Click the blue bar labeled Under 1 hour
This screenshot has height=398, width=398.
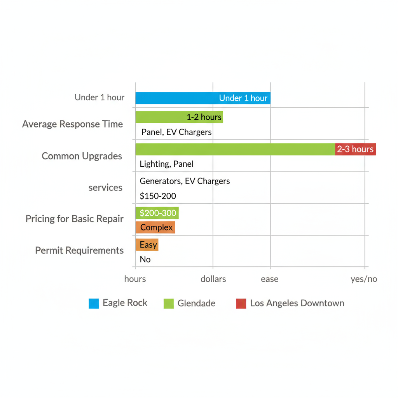pyautogui.click(x=202, y=98)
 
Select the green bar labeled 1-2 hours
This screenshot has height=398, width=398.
pyautogui.click(x=179, y=117)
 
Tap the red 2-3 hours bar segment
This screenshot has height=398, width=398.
pyautogui.click(x=355, y=149)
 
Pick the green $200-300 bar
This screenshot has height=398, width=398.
pyautogui.click(x=157, y=213)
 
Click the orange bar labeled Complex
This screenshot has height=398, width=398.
pyautogui.click(x=155, y=227)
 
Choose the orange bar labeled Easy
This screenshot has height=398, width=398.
pyautogui.click(x=147, y=245)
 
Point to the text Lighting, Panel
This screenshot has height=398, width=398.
pyautogui.click(x=166, y=164)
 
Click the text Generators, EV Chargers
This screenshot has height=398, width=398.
pyautogui.click(x=185, y=181)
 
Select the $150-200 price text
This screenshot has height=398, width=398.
pyautogui.click(x=158, y=196)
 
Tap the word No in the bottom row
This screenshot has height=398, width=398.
pyautogui.click(x=145, y=260)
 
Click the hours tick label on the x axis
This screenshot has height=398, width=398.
pyautogui.click(x=135, y=279)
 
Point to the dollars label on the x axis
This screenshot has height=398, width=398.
pyautogui.click(x=213, y=279)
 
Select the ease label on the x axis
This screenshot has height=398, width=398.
pyautogui.click(x=269, y=279)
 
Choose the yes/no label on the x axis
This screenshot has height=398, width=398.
pyautogui.click(x=363, y=279)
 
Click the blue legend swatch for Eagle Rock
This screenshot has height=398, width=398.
pyautogui.click(x=94, y=304)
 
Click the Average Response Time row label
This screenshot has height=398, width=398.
pyautogui.click(x=72, y=124)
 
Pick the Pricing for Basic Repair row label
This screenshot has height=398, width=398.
pyautogui.click(x=74, y=219)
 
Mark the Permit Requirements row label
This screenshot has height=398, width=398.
pyautogui.click(x=79, y=250)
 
